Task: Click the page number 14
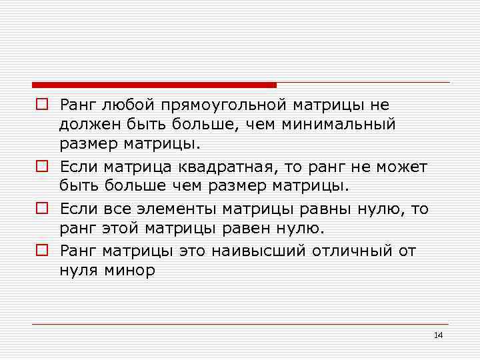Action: click(438, 335)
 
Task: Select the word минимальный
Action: click(339, 124)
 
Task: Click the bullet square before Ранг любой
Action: click(41, 105)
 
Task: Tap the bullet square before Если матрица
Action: click(41, 166)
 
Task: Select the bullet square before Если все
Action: click(41, 209)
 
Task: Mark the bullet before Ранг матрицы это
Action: click(41, 251)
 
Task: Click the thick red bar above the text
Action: click(154, 85)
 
